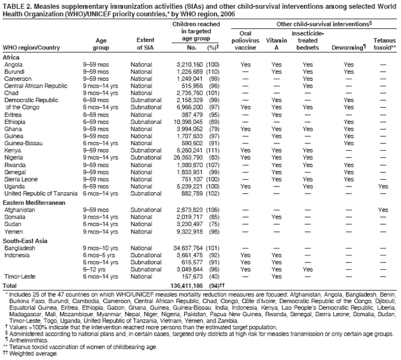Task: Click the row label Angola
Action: pyautogui.click(x=13, y=64)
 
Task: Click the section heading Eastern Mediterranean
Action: pyautogui.click(x=34, y=203)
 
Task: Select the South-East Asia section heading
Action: pyautogui.click(x=26, y=240)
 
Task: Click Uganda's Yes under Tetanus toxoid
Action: pyautogui.click(x=383, y=186)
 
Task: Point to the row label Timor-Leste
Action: pyautogui.click(x=19, y=275)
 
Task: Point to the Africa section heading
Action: pyautogui.click(x=11, y=57)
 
